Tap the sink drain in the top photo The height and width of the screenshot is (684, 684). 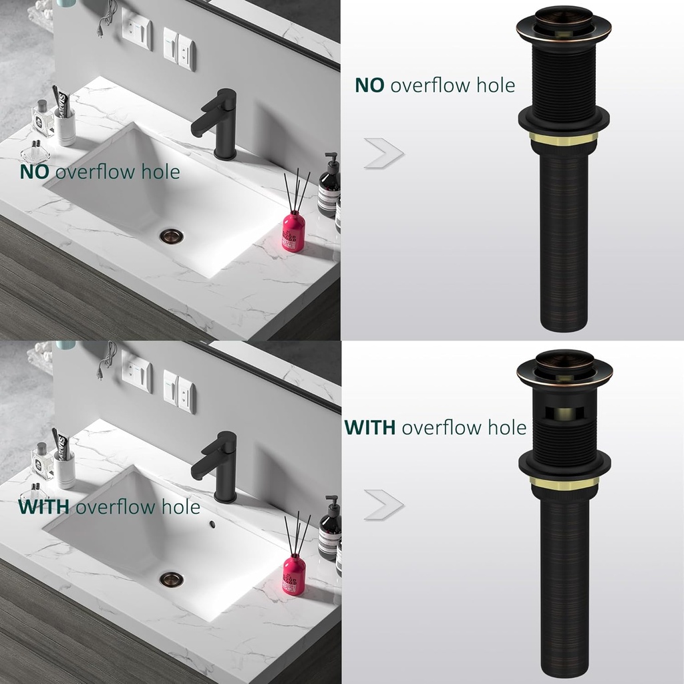[171, 236]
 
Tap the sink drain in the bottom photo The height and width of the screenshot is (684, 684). [171, 578]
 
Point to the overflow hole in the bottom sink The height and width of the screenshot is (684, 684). [212, 524]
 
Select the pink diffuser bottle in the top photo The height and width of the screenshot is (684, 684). [293, 230]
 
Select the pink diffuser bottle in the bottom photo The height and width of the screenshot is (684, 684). [294, 573]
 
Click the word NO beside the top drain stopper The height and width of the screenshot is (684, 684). [369, 85]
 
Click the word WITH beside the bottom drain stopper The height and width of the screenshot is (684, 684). [370, 427]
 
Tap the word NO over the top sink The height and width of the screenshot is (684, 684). [35, 172]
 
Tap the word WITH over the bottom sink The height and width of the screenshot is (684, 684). [43, 507]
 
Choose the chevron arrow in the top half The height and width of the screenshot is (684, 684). [383, 154]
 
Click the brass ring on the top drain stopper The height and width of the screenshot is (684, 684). [564, 137]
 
